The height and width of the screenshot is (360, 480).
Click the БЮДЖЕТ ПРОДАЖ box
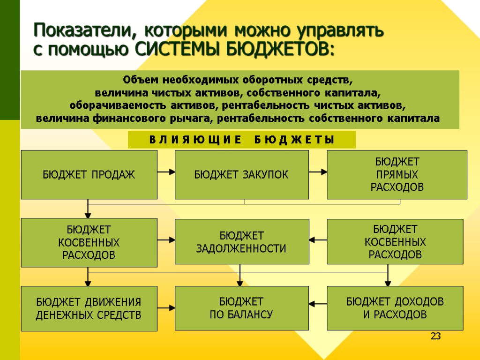point(89,175)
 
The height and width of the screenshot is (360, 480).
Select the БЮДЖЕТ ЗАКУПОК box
point(242,175)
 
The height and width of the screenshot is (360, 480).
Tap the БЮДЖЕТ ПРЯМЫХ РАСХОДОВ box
point(397,175)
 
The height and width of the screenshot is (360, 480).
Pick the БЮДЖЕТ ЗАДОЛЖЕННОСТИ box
point(242,242)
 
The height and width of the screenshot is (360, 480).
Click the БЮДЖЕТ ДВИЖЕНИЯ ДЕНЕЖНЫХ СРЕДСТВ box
point(89,308)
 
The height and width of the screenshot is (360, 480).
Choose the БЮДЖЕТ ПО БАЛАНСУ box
point(242,308)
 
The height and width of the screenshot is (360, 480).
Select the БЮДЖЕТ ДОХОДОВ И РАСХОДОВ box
point(395,308)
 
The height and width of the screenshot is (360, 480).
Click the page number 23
point(436,336)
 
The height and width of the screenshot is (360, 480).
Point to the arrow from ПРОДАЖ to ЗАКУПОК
point(166,172)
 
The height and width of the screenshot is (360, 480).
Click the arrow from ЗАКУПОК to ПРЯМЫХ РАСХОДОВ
point(318,172)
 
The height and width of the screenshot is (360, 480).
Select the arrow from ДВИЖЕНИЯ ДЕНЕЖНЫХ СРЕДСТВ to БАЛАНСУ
point(166,308)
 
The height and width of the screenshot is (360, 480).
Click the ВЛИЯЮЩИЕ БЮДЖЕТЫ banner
point(242,140)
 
